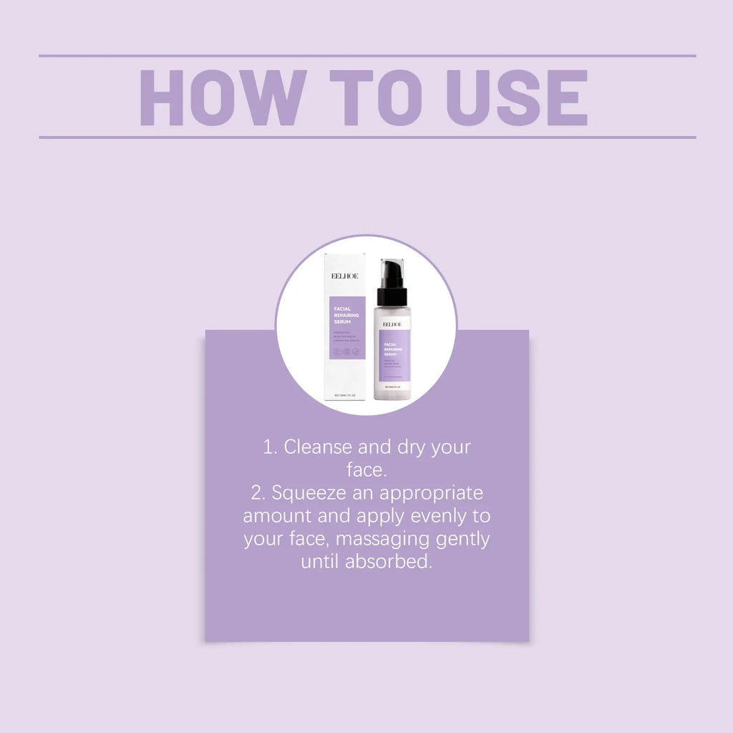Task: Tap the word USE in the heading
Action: tap(517, 97)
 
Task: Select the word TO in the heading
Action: tap(377, 97)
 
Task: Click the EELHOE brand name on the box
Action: tap(345, 276)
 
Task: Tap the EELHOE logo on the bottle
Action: tap(392, 324)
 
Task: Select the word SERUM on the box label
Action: tap(343, 322)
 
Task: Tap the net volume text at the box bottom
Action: tap(346, 394)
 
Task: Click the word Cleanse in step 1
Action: tap(318, 447)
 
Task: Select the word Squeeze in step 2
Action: tap(306, 494)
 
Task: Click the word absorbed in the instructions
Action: tap(389, 562)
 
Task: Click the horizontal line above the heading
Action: tap(366, 55)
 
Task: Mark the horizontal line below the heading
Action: tap(366, 137)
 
